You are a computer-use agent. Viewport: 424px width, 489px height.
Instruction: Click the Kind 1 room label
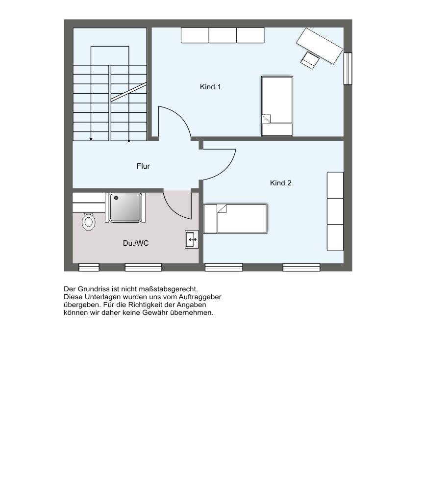click(210, 87)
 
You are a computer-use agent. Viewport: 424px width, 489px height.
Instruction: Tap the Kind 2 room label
click(280, 183)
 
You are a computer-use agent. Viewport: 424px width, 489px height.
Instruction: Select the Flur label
click(143, 166)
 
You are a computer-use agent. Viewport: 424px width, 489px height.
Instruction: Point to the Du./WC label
click(136, 243)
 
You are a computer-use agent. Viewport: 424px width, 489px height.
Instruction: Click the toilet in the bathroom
click(89, 221)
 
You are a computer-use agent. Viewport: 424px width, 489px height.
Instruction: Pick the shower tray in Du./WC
click(125, 207)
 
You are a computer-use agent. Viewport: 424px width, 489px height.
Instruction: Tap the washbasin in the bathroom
click(192, 239)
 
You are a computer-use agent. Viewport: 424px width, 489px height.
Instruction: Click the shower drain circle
click(116, 198)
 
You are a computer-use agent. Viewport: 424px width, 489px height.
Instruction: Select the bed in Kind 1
click(277, 106)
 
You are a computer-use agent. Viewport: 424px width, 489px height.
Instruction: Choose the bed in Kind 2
click(235, 219)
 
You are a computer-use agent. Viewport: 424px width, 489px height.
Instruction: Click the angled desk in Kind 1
click(320, 46)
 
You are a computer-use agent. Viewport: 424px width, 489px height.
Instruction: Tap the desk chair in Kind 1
click(310, 60)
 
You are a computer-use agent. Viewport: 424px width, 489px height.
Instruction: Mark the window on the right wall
click(348, 69)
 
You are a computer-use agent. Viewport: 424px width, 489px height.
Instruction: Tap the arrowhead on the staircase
click(91, 139)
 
